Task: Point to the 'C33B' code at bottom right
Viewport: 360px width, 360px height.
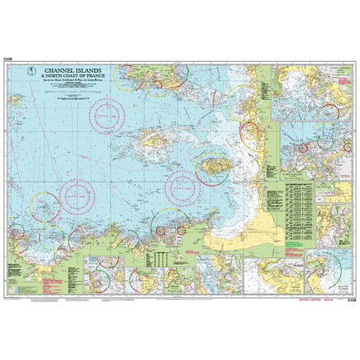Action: [x=351, y=298]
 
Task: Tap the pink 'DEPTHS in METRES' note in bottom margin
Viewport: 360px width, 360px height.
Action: [x=308, y=297]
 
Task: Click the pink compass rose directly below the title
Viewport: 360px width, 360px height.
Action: [x=108, y=117]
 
